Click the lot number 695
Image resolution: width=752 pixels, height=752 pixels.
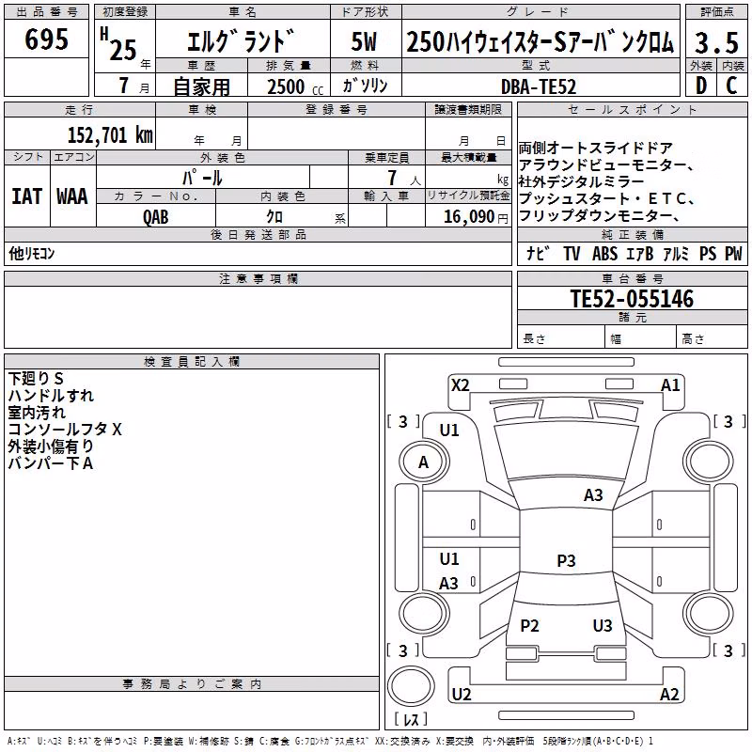click(46, 39)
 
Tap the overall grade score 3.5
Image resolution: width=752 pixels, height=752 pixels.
click(716, 42)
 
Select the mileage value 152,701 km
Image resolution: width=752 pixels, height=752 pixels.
click(110, 134)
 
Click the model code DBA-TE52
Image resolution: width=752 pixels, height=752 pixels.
click(539, 86)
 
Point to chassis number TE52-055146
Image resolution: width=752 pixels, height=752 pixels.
click(632, 299)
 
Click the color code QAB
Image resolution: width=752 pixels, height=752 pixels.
click(156, 217)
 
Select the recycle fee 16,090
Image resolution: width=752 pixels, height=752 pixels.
click(468, 217)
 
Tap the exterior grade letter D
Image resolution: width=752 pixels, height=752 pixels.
click(701, 86)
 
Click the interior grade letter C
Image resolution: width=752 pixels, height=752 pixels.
click(731, 86)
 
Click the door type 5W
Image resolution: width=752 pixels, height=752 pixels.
click(364, 41)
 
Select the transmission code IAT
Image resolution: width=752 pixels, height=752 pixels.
click(27, 196)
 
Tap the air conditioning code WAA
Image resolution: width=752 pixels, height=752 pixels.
click(72, 196)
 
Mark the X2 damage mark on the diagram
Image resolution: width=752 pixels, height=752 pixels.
click(461, 385)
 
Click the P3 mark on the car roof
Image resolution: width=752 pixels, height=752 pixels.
click(566, 560)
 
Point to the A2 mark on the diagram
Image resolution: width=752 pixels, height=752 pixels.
click(669, 694)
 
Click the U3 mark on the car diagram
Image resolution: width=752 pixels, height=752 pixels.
click(603, 625)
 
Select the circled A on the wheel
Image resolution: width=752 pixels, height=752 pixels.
click(424, 462)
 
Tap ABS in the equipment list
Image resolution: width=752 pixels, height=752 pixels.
click(604, 254)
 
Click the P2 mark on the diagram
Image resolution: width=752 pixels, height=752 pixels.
click(529, 625)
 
